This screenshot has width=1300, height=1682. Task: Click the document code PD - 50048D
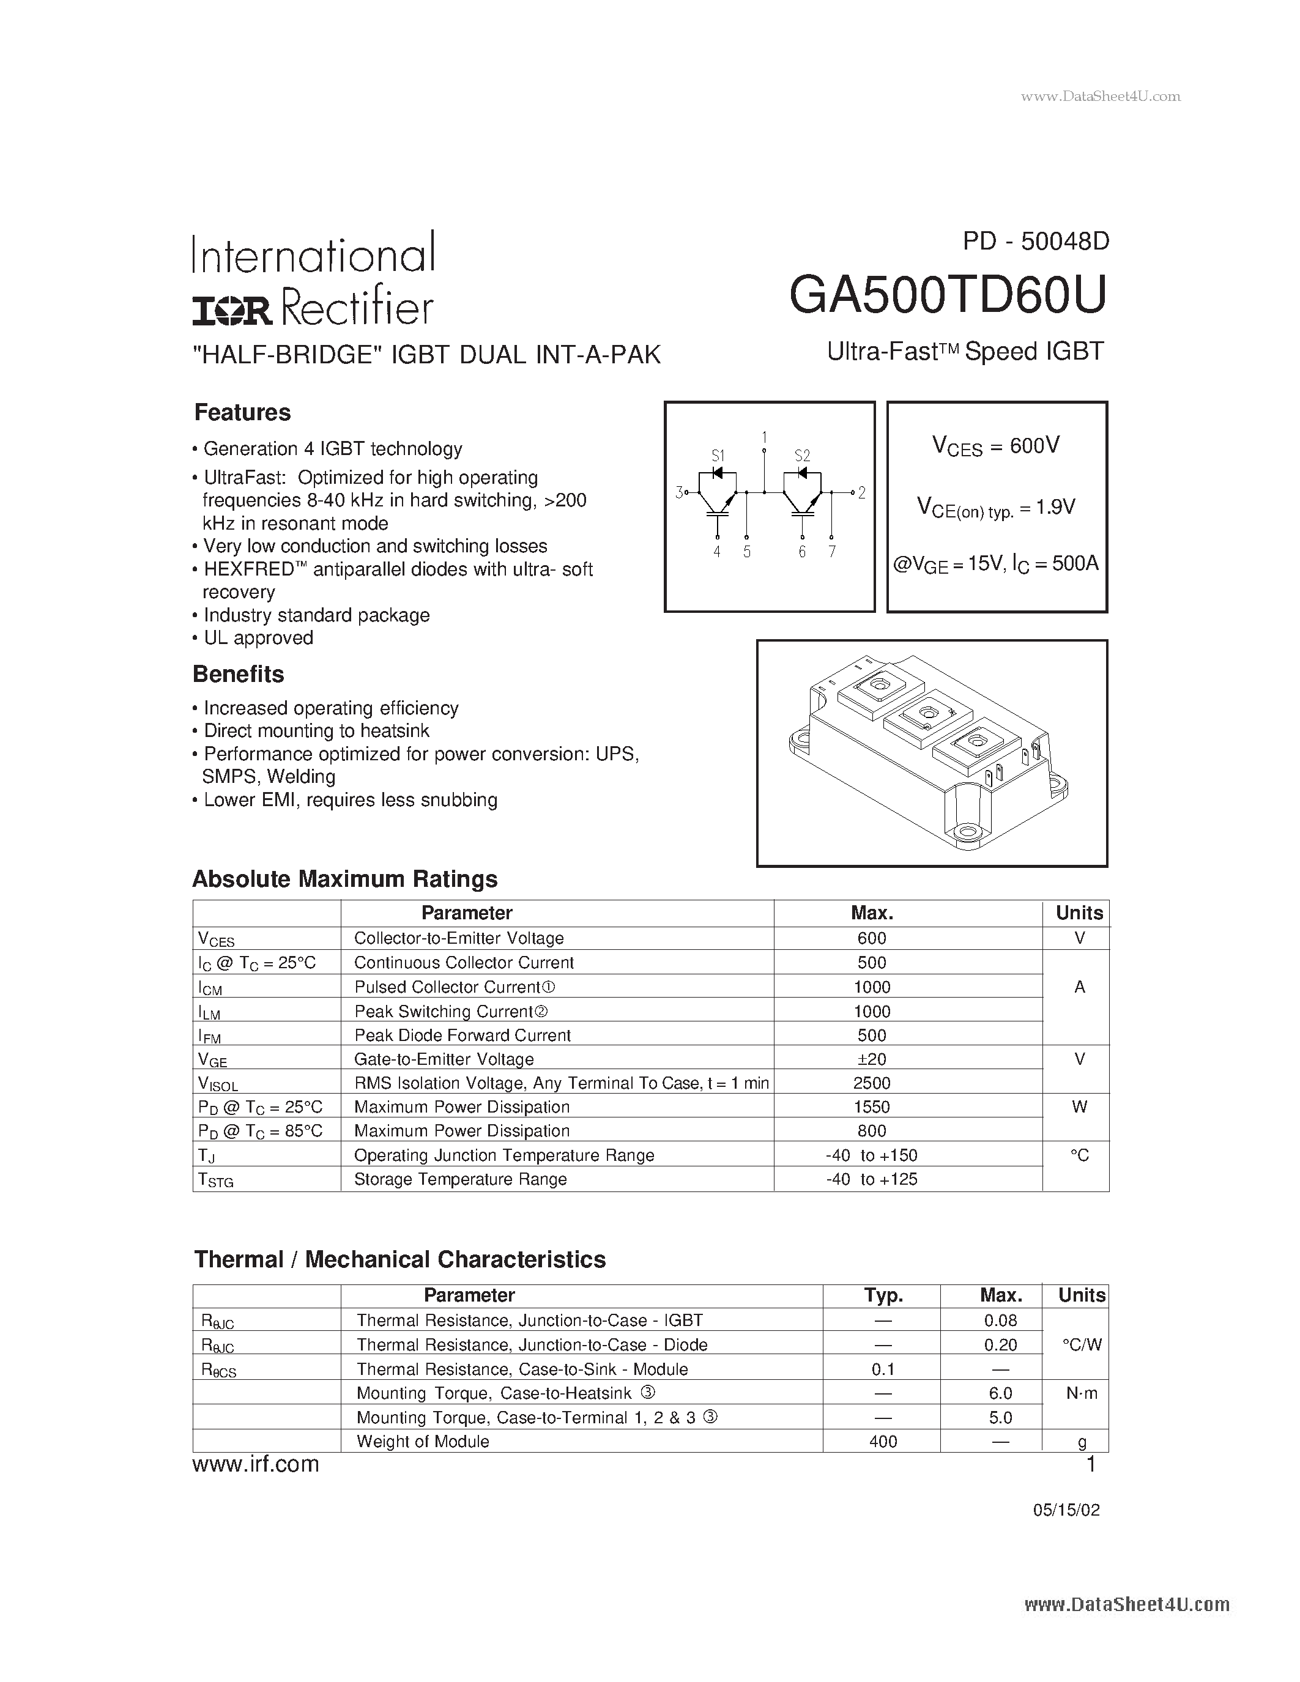[1035, 242]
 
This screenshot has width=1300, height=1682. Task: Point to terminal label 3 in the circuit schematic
[678, 491]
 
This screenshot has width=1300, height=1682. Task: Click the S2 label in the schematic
[802, 455]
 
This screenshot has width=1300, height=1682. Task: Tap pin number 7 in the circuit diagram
[832, 552]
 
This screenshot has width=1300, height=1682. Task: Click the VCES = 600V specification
[996, 446]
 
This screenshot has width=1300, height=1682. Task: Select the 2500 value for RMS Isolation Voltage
[872, 1083]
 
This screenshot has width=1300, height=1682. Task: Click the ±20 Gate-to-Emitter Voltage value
[872, 1059]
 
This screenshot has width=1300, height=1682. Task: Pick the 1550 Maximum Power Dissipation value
[872, 1106]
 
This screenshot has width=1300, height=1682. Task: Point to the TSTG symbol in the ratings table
[215, 1180]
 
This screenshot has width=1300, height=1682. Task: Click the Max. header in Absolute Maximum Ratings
[872, 913]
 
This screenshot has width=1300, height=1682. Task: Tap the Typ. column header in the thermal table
[883, 1295]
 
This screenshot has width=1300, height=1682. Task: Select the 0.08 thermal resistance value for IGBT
[1000, 1320]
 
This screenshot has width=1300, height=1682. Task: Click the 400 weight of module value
[883, 1441]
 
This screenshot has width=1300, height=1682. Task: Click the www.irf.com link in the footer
[256, 1464]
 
